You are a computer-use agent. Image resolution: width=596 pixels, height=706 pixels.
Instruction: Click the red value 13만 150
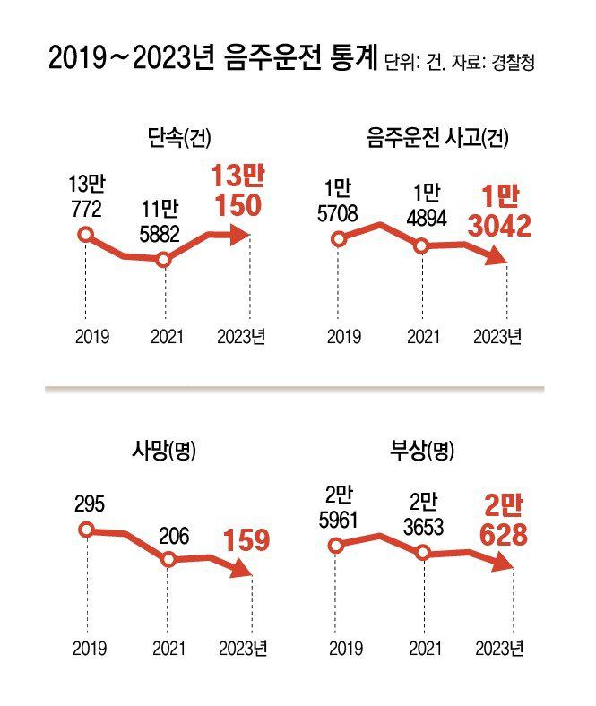click(x=237, y=191)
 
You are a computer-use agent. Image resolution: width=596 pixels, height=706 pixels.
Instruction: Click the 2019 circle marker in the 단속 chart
click(x=85, y=236)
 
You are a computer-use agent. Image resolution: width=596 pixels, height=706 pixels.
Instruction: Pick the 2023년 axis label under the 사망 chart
click(x=243, y=648)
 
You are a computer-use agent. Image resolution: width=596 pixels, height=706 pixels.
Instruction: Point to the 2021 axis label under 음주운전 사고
click(x=423, y=336)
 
